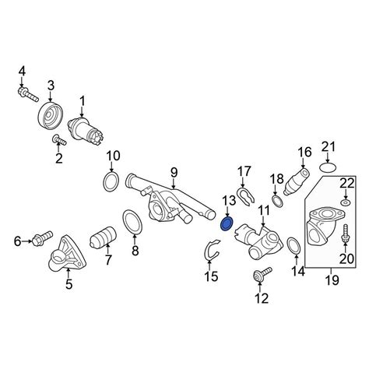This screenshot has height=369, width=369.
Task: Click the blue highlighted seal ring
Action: [227, 224]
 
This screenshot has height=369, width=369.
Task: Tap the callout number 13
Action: [229, 201]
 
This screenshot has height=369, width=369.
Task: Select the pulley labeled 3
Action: [51, 115]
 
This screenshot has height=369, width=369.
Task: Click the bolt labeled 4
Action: [28, 95]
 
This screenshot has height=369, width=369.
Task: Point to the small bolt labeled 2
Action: [59, 141]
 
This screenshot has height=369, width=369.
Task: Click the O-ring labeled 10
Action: [111, 182]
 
